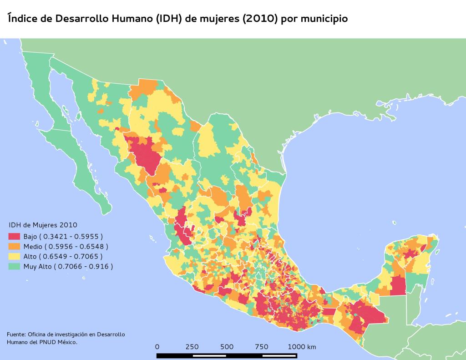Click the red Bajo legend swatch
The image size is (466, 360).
click(15, 237)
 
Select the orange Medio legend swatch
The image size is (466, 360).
click(15, 246)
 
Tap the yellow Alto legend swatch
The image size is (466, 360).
click(15, 256)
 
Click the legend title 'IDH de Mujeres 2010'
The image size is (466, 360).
click(43, 225)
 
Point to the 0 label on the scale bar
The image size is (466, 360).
click(157, 347)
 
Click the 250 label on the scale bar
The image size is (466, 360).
click(192, 347)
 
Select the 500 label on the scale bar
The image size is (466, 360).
click(227, 347)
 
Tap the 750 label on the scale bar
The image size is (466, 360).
click(262, 347)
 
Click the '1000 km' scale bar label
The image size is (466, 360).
click(302, 347)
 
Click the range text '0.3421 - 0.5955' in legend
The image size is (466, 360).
click(74, 237)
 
